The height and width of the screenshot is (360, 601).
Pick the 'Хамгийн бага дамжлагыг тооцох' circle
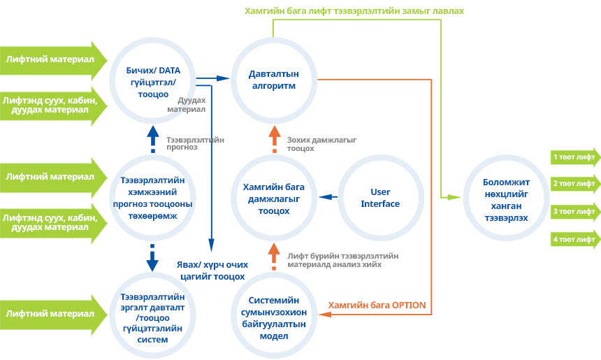[x=274, y=198]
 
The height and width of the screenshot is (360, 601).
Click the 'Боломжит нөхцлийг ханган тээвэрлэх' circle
[x=505, y=198]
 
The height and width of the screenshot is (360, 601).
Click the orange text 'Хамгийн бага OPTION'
[x=377, y=305]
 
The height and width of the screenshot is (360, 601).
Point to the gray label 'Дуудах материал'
[x=187, y=105]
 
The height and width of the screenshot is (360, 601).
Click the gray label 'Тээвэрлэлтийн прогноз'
[x=195, y=143]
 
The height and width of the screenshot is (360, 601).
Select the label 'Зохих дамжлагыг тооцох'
[x=321, y=144]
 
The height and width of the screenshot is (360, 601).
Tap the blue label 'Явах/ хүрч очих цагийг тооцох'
[x=211, y=270]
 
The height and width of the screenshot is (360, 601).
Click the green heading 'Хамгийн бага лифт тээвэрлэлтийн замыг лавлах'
[x=354, y=11]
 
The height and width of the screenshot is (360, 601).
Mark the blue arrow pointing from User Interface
[x=328, y=198]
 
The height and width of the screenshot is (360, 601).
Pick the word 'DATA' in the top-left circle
[x=170, y=70]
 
